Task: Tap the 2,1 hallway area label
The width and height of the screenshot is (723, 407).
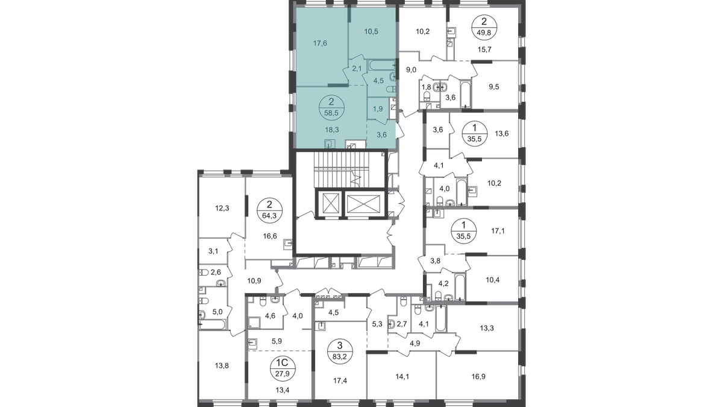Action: tap(357, 69)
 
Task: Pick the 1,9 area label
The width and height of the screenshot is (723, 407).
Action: tap(378, 109)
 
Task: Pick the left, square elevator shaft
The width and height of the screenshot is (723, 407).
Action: tap(330, 203)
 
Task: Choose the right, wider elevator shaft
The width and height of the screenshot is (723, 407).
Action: tap(364, 203)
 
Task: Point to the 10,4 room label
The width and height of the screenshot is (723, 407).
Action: tap(493, 280)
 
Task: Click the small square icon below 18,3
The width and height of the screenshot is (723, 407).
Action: tap(329, 144)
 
